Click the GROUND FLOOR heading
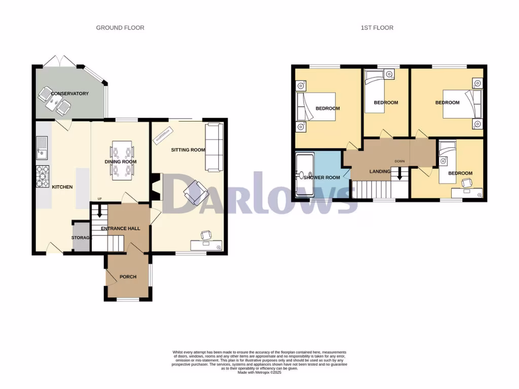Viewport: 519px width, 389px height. tap(120, 27)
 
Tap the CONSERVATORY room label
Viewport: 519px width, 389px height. tap(70, 94)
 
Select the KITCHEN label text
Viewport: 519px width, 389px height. tap(62, 187)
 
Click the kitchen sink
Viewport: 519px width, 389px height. tap(42, 147)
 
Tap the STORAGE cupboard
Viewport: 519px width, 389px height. tap(81, 237)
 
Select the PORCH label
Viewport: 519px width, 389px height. tap(128, 277)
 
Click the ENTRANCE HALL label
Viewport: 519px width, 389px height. tap(121, 228)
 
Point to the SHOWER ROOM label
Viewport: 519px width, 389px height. tap(322, 177)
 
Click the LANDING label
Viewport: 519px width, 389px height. tap(380, 171)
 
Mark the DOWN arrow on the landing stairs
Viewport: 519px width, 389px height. tap(399, 174)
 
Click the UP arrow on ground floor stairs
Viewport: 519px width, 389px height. tap(99, 211)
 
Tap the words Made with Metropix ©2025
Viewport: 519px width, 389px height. tap(259, 373)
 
